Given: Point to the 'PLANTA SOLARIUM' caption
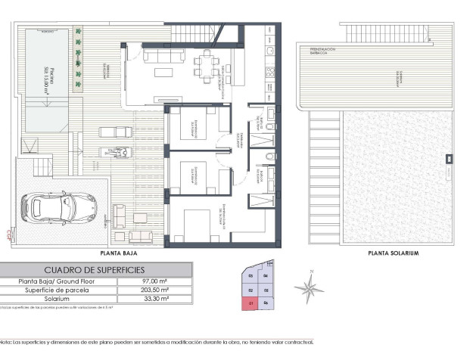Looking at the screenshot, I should tap(392, 253).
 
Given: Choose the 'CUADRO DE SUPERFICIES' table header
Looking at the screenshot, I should tap(95, 270).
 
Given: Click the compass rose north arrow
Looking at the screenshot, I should tap(309, 286).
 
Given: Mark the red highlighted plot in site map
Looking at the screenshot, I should tap(250, 304).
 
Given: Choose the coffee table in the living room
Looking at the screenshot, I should tap(163, 73).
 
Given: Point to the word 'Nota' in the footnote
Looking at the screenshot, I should tap(6, 342).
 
